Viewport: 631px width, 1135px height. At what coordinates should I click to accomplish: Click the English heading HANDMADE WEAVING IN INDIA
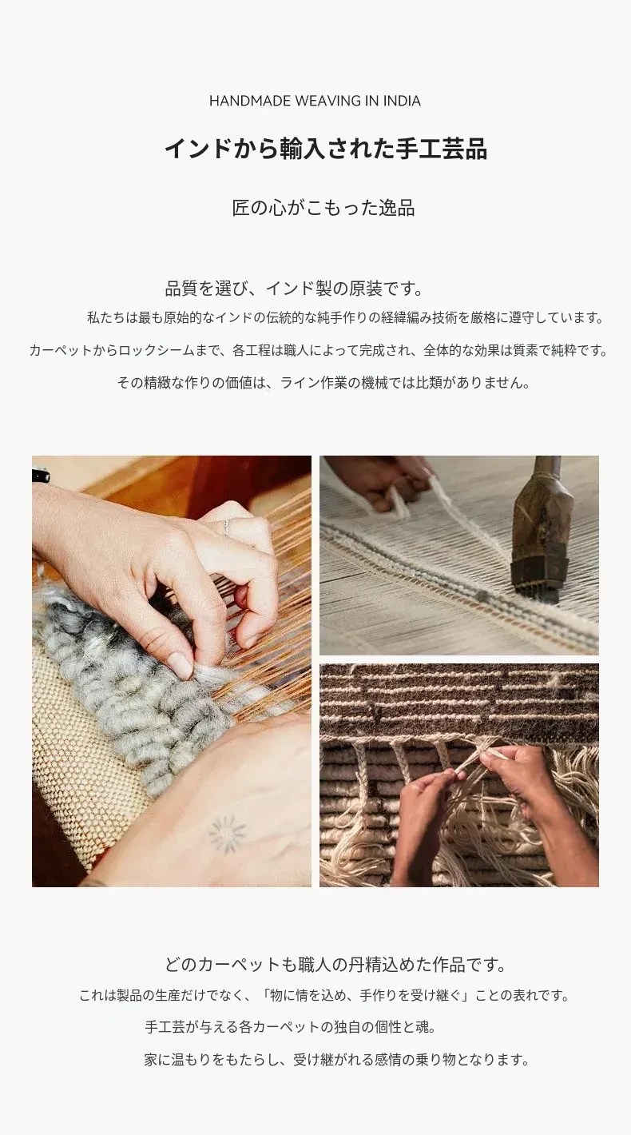click(x=315, y=101)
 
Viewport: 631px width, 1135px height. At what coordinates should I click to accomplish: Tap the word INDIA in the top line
click(x=402, y=101)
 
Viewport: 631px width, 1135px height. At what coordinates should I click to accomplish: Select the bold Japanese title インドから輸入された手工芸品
click(x=326, y=149)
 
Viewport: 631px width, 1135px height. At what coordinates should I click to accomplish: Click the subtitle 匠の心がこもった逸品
click(x=323, y=208)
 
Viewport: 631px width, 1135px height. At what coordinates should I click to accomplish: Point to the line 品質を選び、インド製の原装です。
click(x=295, y=289)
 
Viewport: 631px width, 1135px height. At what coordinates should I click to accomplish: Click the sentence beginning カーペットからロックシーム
click(x=319, y=350)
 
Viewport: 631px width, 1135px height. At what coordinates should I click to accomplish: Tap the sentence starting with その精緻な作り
click(x=324, y=383)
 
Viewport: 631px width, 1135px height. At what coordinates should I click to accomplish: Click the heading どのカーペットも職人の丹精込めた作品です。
click(x=336, y=964)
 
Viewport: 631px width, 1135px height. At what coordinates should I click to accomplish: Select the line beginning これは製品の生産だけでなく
click(x=324, y=996)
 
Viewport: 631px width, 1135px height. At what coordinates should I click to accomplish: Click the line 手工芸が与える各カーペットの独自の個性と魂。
click(x=290, y=1027)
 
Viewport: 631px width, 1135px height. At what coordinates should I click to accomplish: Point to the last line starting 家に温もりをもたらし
click(x=337, y=1059)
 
